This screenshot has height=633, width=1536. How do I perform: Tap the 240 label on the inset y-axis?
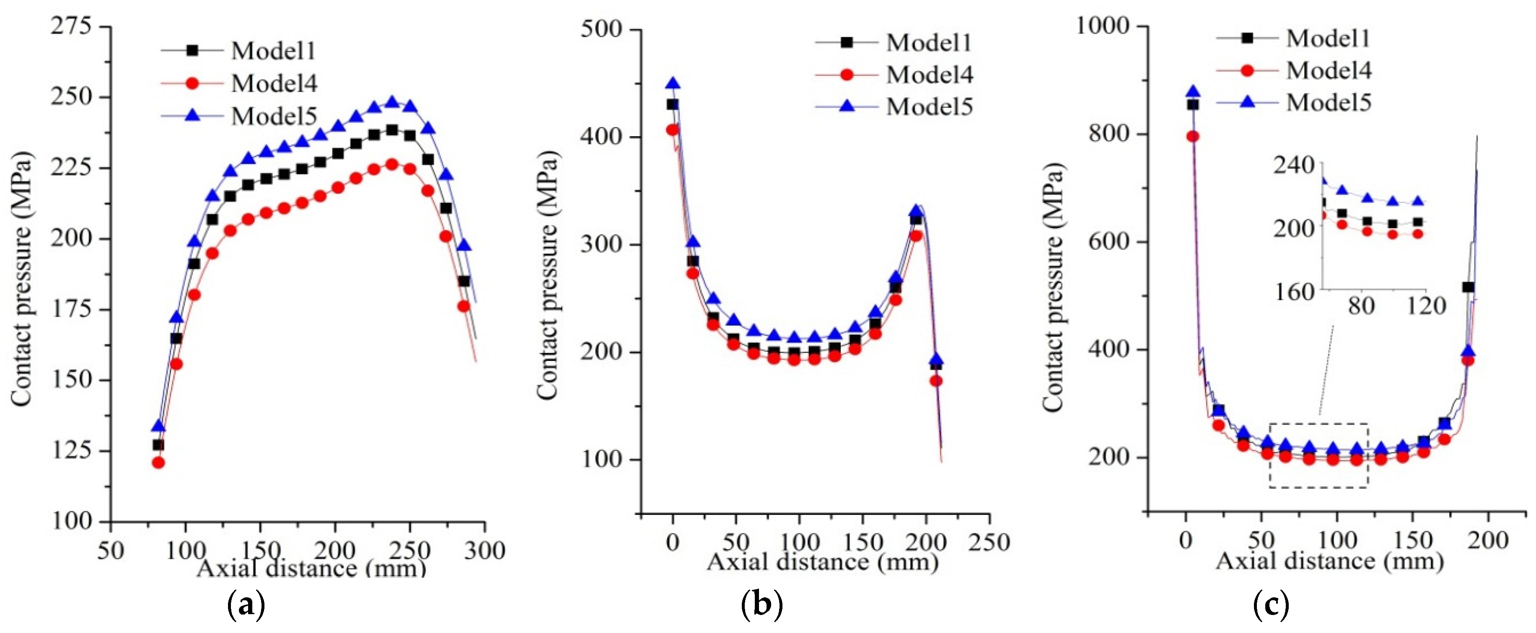click(x=1293, y=166)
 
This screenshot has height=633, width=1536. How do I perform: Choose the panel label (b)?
click(x=762, y=606)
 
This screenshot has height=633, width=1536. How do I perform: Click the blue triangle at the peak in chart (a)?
click(x=392, y=102)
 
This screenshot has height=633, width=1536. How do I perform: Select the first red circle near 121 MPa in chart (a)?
click(x=158, y=462)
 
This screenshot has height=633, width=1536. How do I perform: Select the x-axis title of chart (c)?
click(x=1330, y=561)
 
